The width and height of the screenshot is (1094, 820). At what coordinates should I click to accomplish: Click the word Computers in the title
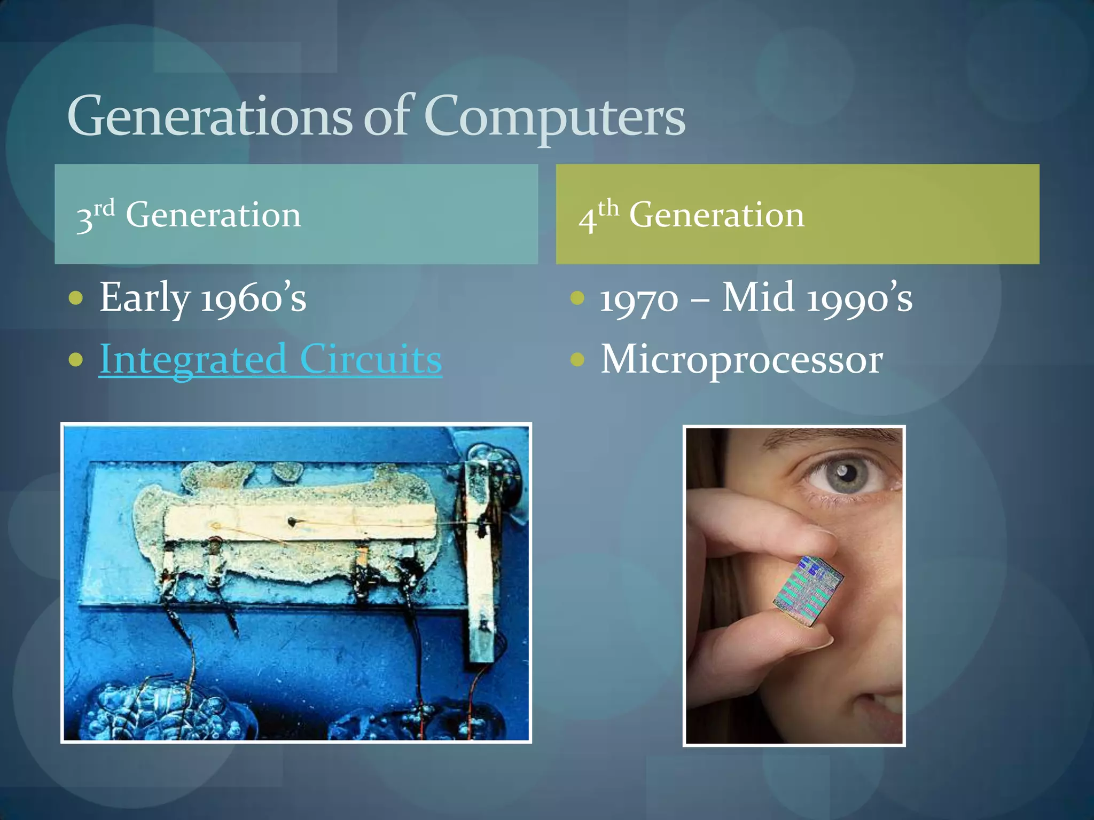click(x=554, y=116)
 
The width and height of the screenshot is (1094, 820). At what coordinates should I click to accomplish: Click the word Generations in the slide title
click(x=209, y=116)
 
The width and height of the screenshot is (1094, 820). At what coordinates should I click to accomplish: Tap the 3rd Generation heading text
click(x=189, y=215)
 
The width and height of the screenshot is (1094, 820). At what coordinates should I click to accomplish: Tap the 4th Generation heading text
click(x=691, y=215)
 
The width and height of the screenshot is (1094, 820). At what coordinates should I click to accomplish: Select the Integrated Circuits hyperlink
click(x=270, y=359)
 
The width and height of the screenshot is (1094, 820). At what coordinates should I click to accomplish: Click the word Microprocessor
click(x=741, y=359)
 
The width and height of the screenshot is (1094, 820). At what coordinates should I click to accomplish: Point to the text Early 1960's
click(x=203, y=297)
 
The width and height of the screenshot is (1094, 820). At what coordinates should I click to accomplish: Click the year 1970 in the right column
click(x=639, y=298)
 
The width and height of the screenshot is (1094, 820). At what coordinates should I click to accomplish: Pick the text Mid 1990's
click(x=817, y=297)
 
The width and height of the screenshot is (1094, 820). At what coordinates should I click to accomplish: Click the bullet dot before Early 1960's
click(x=76, y=297)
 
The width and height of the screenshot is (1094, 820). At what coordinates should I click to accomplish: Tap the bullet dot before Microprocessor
click(x=577, y=359)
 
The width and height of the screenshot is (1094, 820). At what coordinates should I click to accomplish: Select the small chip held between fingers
click(x=808, y=590)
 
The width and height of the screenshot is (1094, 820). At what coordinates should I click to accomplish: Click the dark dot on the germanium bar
click(x=292, y=521)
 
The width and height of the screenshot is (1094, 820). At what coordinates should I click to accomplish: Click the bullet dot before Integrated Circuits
click(x=76, y=359)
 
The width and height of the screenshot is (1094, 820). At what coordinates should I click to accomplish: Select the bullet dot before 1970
click(x=577, y=297)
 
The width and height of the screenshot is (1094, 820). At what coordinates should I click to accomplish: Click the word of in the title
click(x=386, y=116)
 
